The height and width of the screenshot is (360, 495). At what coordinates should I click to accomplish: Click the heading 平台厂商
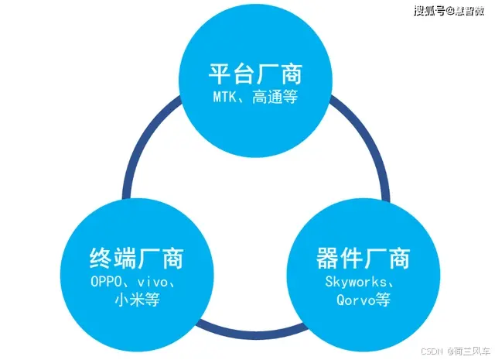click(x=254, y=74)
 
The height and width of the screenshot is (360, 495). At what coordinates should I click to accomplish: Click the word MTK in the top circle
click(x=227, y=98)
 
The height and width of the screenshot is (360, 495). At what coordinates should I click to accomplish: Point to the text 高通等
click(x=275, y=98)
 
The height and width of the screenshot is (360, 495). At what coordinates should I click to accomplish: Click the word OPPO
click(x=104, y=282)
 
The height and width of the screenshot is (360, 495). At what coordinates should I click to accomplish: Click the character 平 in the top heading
click(x=220, y=74)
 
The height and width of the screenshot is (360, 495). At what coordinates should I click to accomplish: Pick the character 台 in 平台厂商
click(x=243, y=74)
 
